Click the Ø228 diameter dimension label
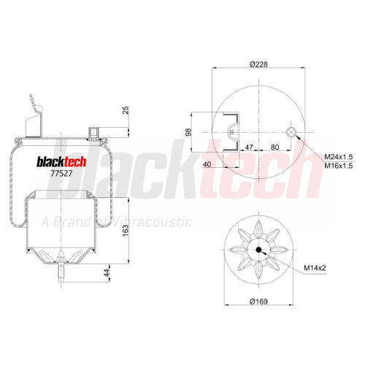(x=258, y=64)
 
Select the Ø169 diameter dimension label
(x=258, y=301)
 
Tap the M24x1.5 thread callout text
(x=339, y=156)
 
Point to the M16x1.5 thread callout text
(x=339, y=166)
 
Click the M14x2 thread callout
(x=315, y=268)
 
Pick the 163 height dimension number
(x=126, y=231)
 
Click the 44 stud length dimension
(x=107, y=273)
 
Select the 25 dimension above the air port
(x=126, y=110)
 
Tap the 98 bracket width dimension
(x=188, y=132)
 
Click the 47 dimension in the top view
(x=249, y=147)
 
